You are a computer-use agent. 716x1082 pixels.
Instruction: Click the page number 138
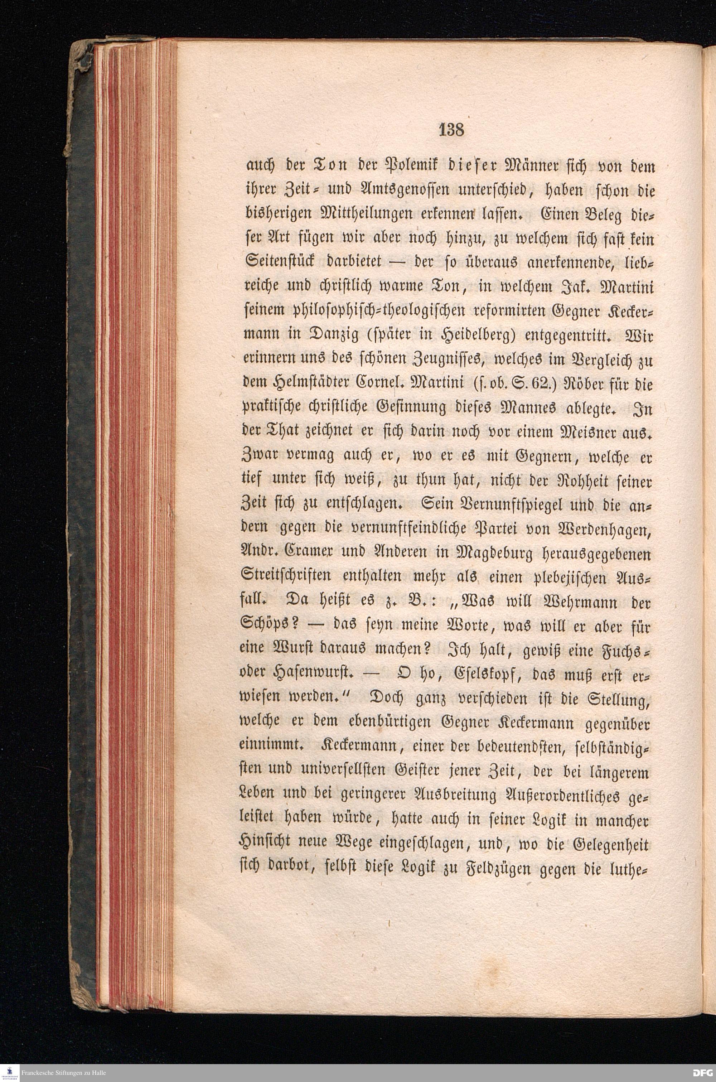click(451, 130)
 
